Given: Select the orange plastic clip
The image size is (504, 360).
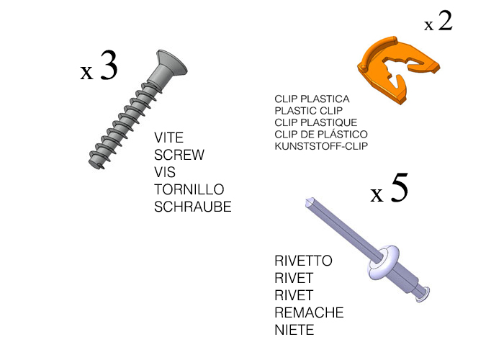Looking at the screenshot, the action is tap(398, 69).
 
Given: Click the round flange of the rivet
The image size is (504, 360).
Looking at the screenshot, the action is tap(384, 262).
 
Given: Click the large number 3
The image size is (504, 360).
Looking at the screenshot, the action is tap(109, 66).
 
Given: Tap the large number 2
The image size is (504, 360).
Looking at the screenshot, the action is tap(445, 21).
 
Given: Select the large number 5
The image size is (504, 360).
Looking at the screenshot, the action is tap(400, 188).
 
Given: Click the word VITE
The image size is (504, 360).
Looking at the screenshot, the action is tap(168, 138).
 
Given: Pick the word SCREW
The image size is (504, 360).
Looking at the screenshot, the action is tap(179, 155).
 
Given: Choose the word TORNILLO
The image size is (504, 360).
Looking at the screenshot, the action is tap(189, 189).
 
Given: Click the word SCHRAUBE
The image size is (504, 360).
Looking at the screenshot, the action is tap(193, 207).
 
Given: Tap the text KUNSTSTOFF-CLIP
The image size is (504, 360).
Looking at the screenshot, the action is tap(321, 146).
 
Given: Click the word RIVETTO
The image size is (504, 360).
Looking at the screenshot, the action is tap(303, 261).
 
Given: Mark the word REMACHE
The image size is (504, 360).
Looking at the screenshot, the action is tap(309, 312).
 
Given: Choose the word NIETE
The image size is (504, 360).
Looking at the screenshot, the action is tap(294, 330).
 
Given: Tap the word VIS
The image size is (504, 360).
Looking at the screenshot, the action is tap(165, 172).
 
